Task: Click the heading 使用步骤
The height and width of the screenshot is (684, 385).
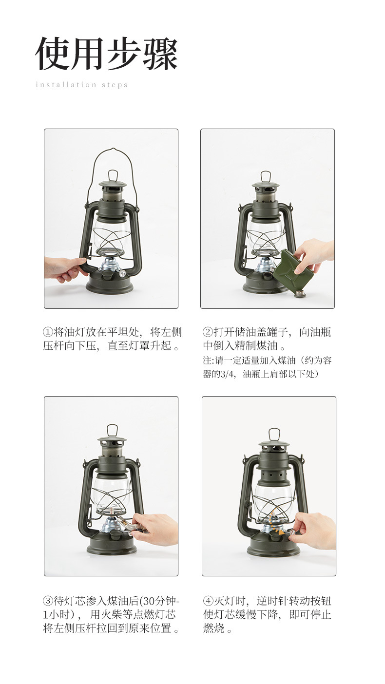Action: (106, 54)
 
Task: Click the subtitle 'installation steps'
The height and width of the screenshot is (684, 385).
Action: (81, 85)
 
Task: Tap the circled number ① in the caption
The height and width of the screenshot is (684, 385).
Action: (48, 332)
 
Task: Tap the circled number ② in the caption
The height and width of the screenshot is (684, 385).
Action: (208, 332)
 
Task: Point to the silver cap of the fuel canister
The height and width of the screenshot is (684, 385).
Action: (299, 294)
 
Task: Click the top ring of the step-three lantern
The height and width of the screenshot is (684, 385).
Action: (112, 431)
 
